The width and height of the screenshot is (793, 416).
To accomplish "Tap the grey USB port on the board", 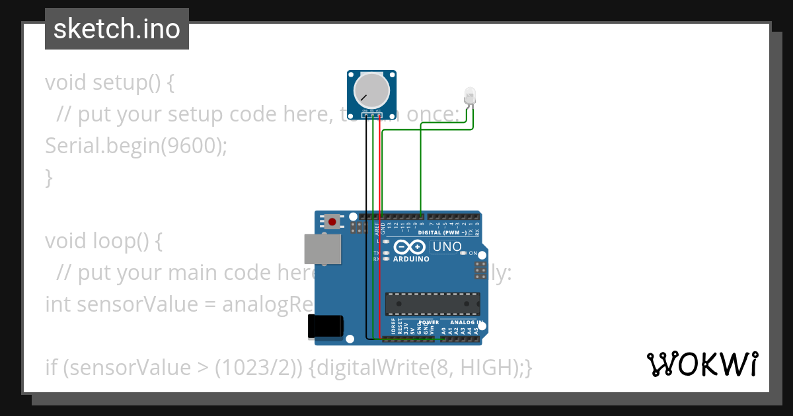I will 323,249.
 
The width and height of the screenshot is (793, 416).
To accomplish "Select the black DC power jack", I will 326,326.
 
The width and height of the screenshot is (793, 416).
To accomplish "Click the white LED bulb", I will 470,95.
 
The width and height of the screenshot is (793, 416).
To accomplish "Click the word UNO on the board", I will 446,248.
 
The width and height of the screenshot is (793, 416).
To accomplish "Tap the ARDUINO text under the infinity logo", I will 411,259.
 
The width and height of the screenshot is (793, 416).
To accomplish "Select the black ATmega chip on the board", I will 433,304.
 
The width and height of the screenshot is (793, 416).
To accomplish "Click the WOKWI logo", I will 702,364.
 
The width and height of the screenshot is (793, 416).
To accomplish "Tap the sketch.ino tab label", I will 117,29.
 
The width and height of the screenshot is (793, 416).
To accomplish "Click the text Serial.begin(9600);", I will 135,146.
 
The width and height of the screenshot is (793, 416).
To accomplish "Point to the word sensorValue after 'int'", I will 147,304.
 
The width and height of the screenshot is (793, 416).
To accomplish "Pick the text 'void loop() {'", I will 103,241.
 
